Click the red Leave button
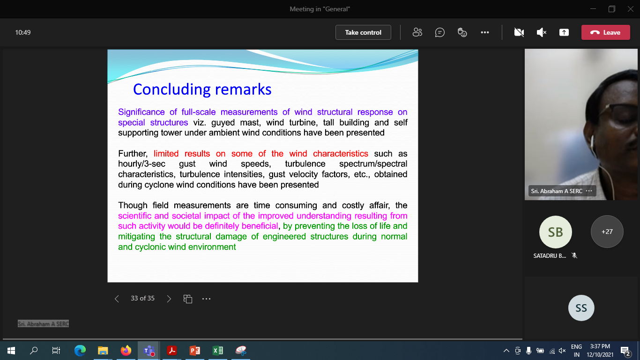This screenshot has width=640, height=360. click(x=605, y=32)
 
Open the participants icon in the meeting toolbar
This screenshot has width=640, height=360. click(x=417, y=32)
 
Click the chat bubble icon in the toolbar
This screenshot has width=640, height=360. click(x=440, y=32)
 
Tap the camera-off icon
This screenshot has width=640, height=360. click(x=519, y=32)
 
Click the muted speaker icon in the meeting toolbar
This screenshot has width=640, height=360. click(x=542, y=32)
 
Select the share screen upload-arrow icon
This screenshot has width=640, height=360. click(x=564, y=32)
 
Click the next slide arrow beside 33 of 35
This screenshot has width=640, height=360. click(x=169, y=299)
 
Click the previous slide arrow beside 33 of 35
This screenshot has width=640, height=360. click(x=117, y=299)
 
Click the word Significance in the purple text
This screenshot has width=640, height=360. click(x=141, y=112)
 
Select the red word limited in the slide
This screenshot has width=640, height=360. click(x=166, y=154)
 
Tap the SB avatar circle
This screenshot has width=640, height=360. click(x=555, y=232)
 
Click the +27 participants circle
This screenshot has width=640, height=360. click(x=607, y=232)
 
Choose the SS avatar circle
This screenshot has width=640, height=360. click(x=581, y=308)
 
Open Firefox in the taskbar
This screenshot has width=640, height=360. click(x=126, y=351)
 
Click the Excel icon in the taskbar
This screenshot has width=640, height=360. click(x=218, y=351)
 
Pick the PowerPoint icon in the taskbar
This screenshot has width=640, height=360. click(x=195, y=351)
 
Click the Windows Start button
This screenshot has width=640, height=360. click(x=11, y=351)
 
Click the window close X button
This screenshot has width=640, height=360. click(x=631, y=9)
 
